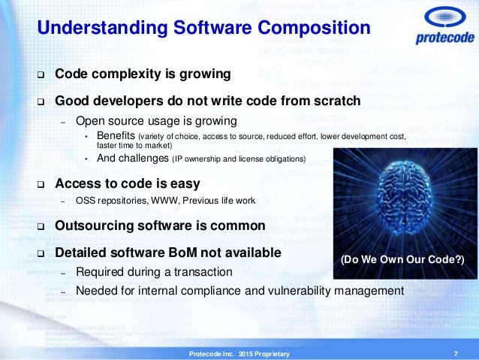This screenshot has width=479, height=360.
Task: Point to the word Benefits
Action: click(x=115, y=135)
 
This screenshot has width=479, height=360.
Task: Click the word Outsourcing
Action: click(x=94, y=225)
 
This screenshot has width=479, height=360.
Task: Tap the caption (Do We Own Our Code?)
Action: click(x=402, y=260)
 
